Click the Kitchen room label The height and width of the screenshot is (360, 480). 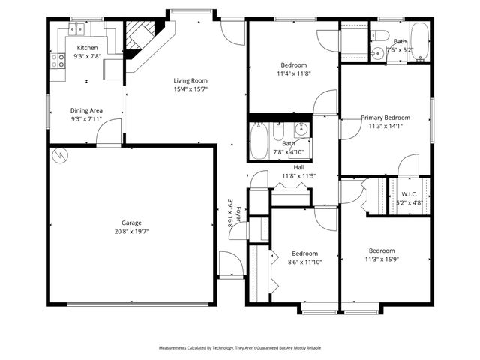[x=87, y=48]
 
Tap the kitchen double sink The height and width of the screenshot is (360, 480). [x=76, y=29]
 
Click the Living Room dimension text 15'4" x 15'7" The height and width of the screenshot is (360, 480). [x=190, y=89]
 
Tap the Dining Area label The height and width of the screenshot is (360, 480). [x=86, y=110]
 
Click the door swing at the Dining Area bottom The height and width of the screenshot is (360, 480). [x=109, y=136]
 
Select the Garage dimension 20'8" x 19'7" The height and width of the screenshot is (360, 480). [x=132, y=232]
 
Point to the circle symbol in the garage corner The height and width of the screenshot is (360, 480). [x=60, y=157]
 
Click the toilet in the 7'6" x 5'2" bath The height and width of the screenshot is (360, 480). [x=379, y=35]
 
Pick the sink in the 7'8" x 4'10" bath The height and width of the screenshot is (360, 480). [x=301, y=129]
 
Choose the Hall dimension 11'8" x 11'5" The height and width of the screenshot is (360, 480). [x=298, y=176]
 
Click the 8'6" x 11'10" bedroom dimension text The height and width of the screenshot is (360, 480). [x=304, y=262]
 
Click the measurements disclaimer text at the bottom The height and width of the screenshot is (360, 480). [x=240, y=348]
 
